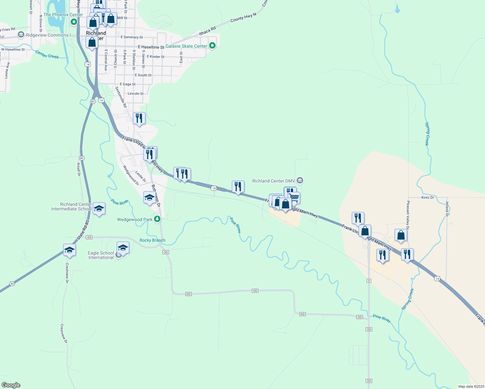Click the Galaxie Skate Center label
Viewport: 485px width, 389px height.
coord(186,46)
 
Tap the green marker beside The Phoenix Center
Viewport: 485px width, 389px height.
coord(74,22)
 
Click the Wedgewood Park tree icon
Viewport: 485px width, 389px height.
coord(157,219)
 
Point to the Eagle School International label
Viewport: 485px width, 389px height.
coord(101,255)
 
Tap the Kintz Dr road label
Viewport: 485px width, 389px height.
coord(428,197)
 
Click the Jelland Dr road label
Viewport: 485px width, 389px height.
coord(447,208)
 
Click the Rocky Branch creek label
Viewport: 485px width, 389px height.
coord(152,240)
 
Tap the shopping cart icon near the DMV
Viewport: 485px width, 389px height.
coord(294,197)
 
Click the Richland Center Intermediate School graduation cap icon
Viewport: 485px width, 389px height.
coord(99,208)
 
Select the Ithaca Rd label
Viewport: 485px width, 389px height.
coord(207,31)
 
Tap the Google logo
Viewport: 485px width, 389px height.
coord(11,385)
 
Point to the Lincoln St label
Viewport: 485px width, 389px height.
coord(136,93)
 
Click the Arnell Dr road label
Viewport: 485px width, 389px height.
coord(78,169)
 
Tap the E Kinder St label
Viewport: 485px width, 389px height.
coord(156,56)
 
